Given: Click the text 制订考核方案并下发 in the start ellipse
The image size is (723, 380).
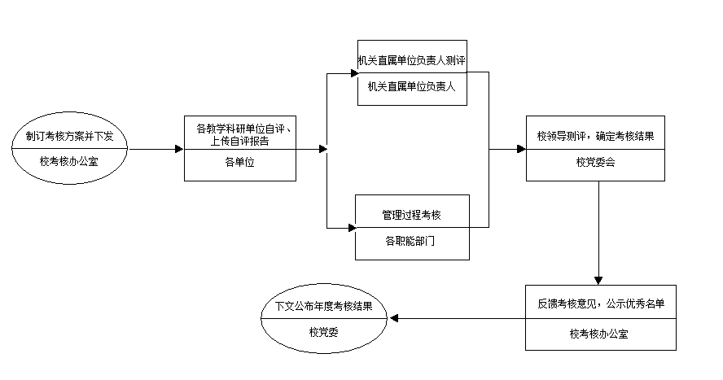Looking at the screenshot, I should [x=69, y=136].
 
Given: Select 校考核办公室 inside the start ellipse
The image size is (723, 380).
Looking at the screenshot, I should [x=69, y=161].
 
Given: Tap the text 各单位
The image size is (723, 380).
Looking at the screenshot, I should [x=239, y=162].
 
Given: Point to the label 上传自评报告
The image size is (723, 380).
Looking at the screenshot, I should [x=239, y=141].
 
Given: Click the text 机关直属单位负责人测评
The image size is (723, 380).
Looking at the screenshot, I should [x=412, y=60].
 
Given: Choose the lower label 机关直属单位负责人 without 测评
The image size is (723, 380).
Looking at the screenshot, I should [x=412, y=86].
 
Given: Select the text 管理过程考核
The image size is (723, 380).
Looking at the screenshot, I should [x=412, y=215].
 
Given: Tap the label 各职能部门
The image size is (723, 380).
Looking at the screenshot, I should [x=412, y=241].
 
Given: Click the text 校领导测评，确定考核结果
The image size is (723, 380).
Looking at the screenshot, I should [x=595, y=136].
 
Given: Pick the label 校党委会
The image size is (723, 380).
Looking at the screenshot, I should [x=595, y=162].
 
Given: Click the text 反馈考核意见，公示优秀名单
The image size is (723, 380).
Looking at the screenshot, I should [x=600, y=304].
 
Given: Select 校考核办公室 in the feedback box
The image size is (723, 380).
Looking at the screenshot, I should [x=600, y=333].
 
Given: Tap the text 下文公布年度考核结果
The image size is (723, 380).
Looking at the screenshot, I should [x=323, y=307].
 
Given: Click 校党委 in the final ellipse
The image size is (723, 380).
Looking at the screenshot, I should [x=323, y=331].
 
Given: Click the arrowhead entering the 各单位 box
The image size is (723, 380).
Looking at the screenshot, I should [x=180, y=150].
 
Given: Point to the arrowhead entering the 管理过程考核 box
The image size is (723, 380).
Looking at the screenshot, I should [x=352, y=227].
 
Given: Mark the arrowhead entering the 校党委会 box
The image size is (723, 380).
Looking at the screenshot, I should [x=522, y=150].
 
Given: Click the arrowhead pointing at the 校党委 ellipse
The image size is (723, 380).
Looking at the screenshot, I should [x=394, y=318].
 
